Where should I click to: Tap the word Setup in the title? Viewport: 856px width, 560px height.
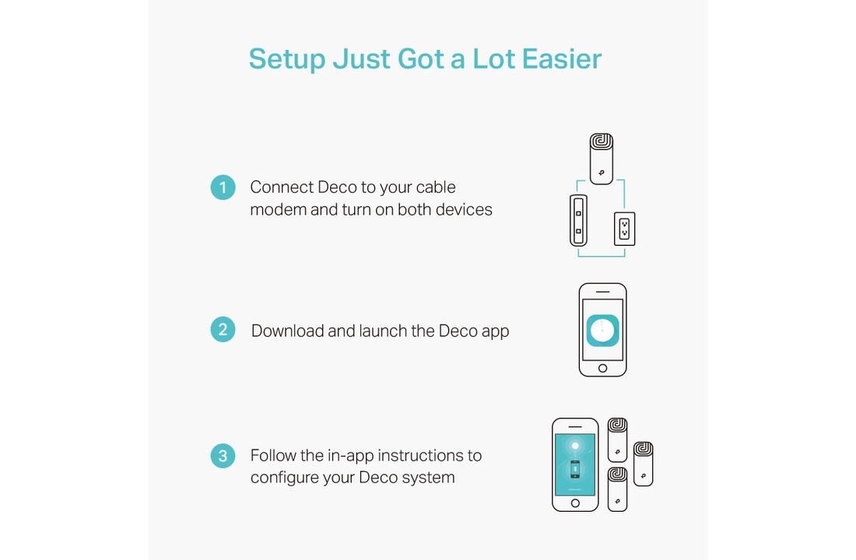pos(286,60)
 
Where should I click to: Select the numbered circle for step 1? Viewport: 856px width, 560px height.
pos(223,187)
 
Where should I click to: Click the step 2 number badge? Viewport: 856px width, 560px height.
pos(223,330)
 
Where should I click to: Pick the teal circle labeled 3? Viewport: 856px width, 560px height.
pos(223,456)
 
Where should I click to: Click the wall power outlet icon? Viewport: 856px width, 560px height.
pos(625,229)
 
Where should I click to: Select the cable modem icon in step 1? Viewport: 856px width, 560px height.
pos(579,221)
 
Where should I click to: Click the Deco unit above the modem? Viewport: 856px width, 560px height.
pos(602,159)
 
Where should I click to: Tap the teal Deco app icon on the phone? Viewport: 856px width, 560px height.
pos(602,331)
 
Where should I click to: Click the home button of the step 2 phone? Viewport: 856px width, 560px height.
pos(602,369)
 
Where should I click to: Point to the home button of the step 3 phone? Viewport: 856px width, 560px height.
pos(575,503)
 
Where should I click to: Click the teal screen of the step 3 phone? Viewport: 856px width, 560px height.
pos(575,464)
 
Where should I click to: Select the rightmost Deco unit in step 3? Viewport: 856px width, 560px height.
pos(643,464)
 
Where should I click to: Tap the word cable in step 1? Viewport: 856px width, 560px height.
pos(436,187)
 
